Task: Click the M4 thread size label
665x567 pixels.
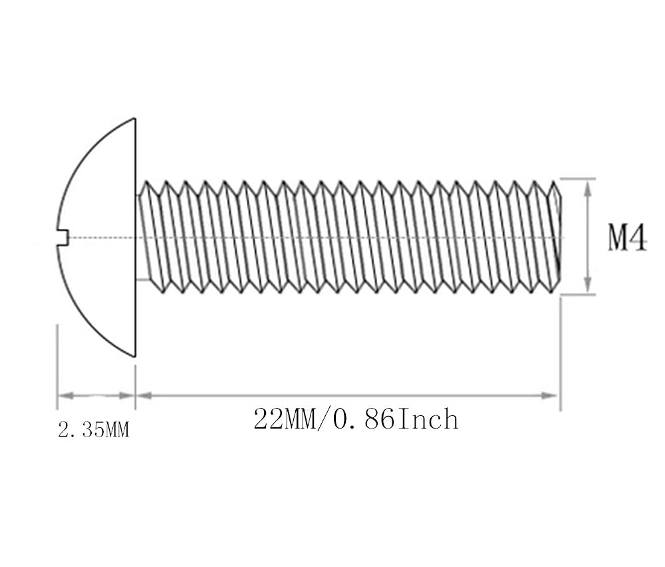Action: (x=627, y=238)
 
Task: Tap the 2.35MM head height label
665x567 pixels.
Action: (x=93, y=431)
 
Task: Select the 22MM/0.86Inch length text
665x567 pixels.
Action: (x=356, y=419)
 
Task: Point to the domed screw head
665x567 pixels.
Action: (x=94, y=237)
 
